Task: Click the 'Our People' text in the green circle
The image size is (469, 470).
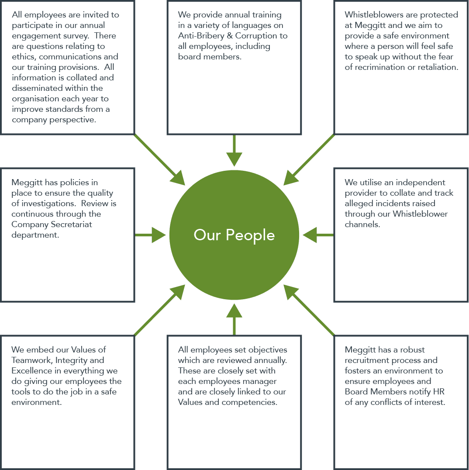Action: (234, 235)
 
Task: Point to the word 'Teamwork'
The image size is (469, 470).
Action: (32, 360)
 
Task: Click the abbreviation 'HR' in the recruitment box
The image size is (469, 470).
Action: (439, 391)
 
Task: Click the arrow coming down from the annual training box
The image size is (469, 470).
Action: (234, 150)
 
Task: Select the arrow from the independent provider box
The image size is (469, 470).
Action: (318, 235)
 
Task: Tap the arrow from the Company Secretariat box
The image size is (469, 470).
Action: (151, 235)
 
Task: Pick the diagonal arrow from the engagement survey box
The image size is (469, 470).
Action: (159, 160)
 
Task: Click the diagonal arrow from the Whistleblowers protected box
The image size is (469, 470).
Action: (309, 160)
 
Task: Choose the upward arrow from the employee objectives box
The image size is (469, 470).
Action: (234, 319)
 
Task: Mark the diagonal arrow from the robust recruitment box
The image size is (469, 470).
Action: (309, 310)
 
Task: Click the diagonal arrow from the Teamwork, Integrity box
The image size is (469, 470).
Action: (159, 310)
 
